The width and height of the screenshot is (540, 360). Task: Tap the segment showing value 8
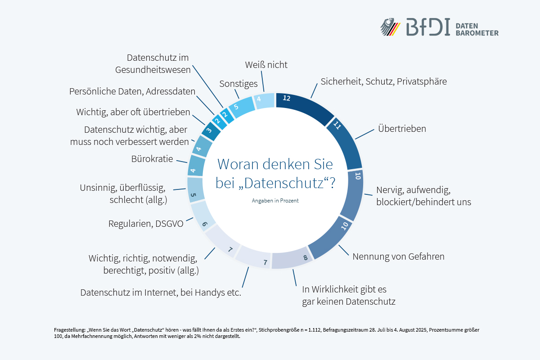click(x=292, y=259)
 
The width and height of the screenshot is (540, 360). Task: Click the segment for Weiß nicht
click(x=265, y=100)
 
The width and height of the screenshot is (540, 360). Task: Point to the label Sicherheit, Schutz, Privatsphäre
click(x=383, y=81)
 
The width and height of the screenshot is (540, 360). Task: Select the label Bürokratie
click(x=152, y=159)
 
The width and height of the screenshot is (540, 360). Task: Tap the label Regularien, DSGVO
click(x=146, y=223)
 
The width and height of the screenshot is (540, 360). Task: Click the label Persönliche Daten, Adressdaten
click(x=132, y=91)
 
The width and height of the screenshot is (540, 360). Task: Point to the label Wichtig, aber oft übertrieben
click(x=133, y=112)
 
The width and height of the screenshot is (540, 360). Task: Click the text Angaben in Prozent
click(x=275, y=201)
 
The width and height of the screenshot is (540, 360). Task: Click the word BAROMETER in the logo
click(x=477, y=33)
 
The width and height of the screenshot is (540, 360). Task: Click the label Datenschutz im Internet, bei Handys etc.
click(x=161, y=292)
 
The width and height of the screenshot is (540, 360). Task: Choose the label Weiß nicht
click(x=266, y=65)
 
